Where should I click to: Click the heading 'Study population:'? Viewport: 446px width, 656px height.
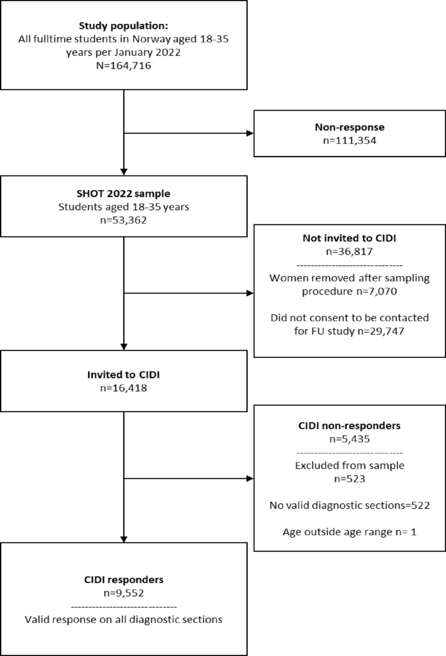click(x=123, y=26)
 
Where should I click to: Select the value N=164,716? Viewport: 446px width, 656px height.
click(x=123, y=65)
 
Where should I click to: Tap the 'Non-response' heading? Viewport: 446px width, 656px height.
click(x=349, y=127)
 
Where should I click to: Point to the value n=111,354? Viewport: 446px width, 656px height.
click(x=349, y=141)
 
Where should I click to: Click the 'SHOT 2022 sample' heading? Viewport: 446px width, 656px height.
click(x=123, y=194)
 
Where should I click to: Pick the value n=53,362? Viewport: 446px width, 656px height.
click(x=123, y=220)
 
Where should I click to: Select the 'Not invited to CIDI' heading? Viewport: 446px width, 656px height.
click(x=349, y=238)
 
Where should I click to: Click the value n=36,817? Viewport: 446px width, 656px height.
click(x=349, y=252)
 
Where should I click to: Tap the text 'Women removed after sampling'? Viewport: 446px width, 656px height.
click(x=349, y=278)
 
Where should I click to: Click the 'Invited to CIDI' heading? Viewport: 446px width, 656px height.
click(x=123, y=375)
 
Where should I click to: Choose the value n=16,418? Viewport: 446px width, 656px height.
click(x=123, y=388)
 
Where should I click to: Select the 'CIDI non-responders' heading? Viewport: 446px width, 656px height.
click(x=349, y=426)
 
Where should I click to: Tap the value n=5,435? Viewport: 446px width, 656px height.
click(x=349, y=439)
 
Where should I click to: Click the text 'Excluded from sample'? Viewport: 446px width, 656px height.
click(x=349, y=466)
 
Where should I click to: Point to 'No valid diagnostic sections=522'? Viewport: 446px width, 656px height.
click(x=349, y=506)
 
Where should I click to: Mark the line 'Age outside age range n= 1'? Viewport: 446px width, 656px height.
click(x=349, y=532)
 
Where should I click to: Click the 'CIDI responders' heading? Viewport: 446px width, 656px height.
click(x=123, y=580)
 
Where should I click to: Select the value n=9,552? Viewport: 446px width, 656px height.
click(x=123, y=593)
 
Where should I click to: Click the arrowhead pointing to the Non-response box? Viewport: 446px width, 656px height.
click(x=250, y=133)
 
